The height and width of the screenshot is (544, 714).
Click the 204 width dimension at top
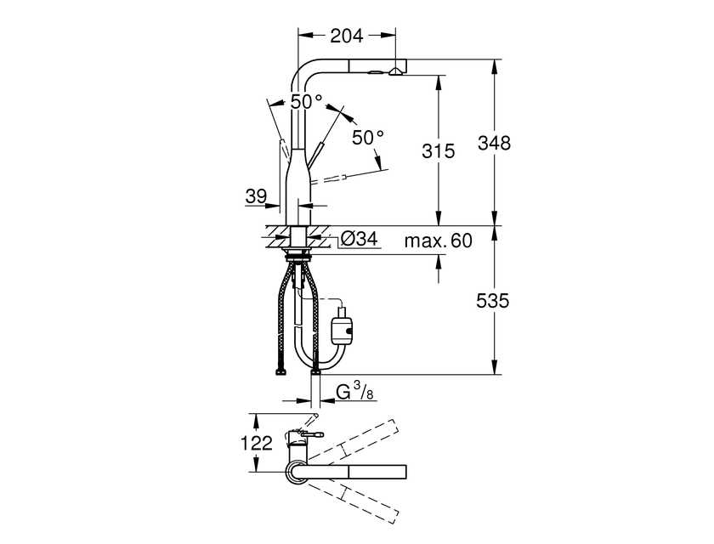click(x=347, y=35)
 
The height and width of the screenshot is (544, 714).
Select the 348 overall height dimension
click(x=494, y=143)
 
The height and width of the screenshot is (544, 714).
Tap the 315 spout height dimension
click(x=438, y=150)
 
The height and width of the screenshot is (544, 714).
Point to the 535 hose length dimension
click(x=493, y=300)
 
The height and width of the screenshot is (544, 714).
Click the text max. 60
click(x=438, y=241)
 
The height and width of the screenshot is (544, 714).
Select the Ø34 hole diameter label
click(x=360, y=238)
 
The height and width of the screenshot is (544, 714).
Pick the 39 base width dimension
click(x=256, y=196)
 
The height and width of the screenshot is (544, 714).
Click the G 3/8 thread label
click(x=354, y=392)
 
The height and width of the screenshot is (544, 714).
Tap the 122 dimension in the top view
click(x=256, y=443)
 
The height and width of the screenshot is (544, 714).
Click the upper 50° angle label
click(x=307, y=101)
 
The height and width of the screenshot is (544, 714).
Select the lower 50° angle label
click(x=368, y=137)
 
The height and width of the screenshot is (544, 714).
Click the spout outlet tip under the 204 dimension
click(x=396, y=71)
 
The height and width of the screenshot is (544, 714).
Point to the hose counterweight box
click(x=343, y=326)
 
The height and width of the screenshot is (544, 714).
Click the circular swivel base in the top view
click(x=297, y=472)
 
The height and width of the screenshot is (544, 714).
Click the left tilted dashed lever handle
click(x=284, y=148)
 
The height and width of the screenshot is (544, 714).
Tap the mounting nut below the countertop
click(x=297, y=257)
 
